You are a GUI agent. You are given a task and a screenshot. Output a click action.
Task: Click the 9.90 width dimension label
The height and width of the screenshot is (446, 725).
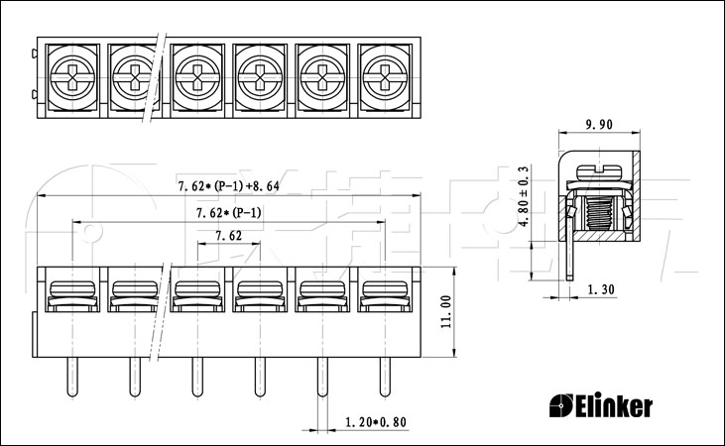click(599, 124)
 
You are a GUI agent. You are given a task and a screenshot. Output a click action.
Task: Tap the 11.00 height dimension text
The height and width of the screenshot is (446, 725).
click(445, 312)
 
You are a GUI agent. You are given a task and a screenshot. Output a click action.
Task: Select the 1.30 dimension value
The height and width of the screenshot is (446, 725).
click(601, 289)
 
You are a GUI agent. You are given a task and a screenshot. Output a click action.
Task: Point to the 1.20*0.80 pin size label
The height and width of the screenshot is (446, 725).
click(376, 422)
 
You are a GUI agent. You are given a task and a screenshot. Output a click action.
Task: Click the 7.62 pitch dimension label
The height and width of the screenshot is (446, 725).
click(228, 236)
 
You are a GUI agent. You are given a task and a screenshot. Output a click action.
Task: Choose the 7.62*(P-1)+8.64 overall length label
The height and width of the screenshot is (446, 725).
click(229, 186)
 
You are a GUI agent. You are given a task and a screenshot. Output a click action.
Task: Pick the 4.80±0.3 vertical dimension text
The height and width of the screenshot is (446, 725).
click(524, 196)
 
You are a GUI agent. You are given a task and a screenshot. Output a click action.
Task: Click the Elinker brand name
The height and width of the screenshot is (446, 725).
click(614, 405)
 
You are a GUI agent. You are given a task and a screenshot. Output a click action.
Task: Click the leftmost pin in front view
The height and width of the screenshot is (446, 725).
click(72, 377)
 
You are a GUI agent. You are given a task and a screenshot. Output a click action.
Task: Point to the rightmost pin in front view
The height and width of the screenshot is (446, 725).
click(385, 377)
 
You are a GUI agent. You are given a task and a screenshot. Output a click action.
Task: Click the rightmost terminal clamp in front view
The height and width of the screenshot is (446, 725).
click(385, 295)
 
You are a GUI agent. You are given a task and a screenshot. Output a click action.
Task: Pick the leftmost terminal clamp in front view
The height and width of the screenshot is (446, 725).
click(72, 295)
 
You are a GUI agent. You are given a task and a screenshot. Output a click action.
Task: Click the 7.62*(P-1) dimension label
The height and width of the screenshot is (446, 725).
click(229, 213)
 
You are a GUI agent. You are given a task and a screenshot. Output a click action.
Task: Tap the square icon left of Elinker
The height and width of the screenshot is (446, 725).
click(560, 405)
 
